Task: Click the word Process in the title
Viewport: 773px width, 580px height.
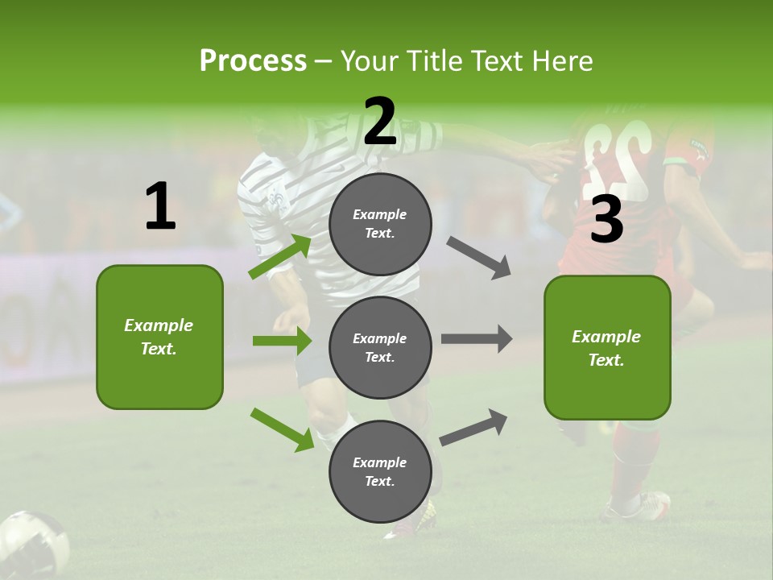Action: pos(253,60)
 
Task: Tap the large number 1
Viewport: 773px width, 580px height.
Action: pos(160,206)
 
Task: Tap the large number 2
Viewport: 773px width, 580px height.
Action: pos(380,122)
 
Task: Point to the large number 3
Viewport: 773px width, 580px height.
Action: pos(606,220)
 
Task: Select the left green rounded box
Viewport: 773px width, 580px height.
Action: pos(159,337)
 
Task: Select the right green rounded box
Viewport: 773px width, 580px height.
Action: pos(607,348)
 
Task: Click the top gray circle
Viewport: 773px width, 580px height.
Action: pos(380,224)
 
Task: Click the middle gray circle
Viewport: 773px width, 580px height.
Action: pos(380,347)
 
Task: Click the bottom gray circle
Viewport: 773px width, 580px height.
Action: pos(380,471)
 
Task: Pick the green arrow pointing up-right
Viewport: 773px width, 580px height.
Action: pos(280,256)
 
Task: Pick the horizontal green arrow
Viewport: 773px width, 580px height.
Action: pos(282,341)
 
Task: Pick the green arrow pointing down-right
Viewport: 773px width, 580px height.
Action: pos(282,429)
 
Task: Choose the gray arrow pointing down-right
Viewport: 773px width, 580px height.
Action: pos(479,258)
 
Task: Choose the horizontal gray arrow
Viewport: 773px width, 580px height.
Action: pos(477,339)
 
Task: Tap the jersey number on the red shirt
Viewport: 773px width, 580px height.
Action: pos(616,157)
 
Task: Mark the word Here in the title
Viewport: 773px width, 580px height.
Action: pos(563,60)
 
